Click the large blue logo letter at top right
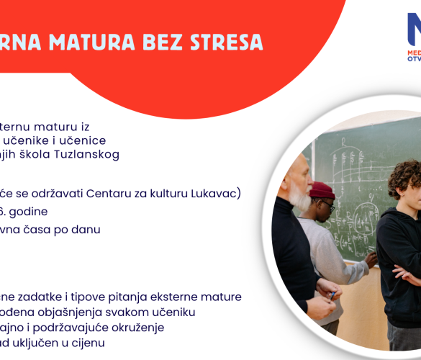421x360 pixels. (x=412, y=31)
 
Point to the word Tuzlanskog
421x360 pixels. (x=88, y=154)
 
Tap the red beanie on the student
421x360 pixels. (x=321, y=190)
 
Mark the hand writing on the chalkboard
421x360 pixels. (x=371, y=257)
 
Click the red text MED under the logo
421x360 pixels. (x=414, y=53)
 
